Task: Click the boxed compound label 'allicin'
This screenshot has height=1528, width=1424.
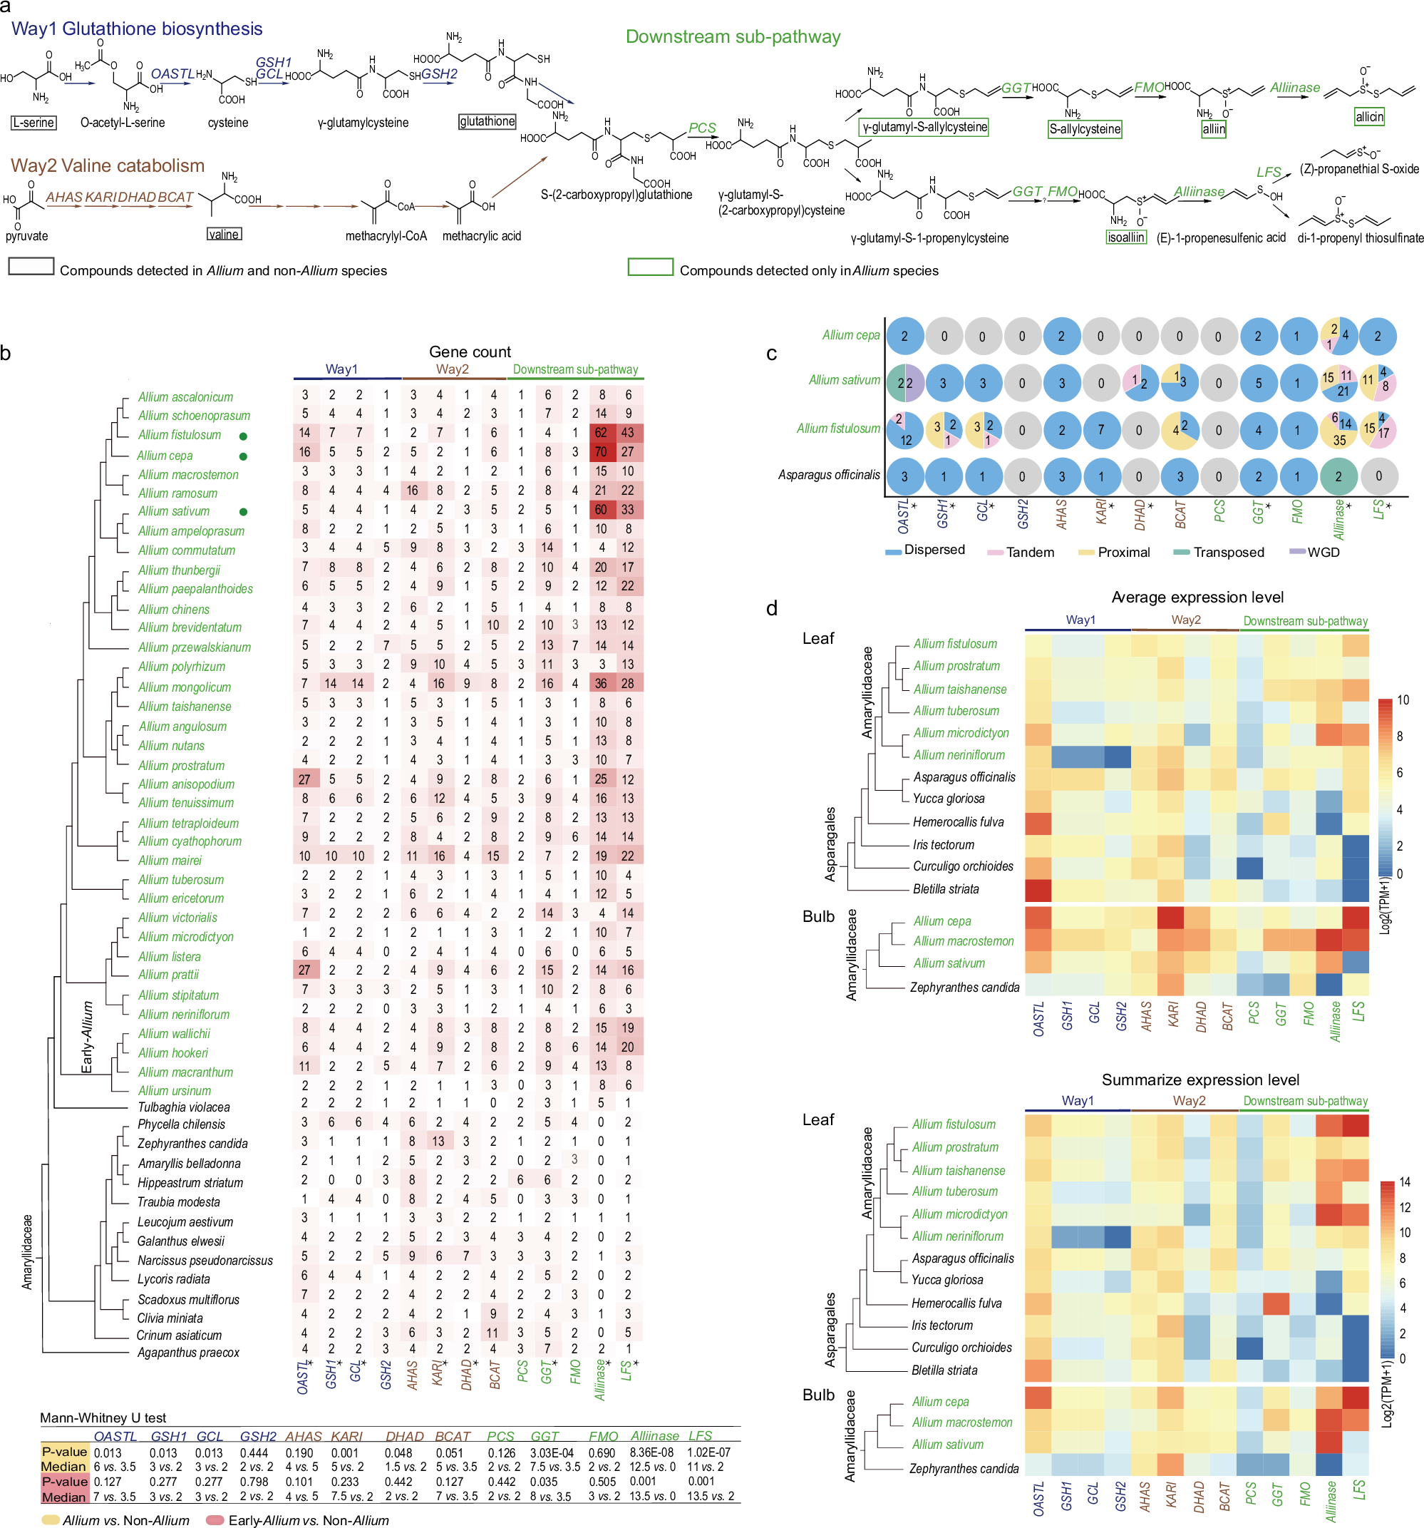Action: point(1368,117)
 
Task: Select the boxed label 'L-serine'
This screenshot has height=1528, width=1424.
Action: point(33,122)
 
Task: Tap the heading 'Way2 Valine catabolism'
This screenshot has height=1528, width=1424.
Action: point(108,165)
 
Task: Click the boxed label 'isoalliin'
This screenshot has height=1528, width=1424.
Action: point(1126,237)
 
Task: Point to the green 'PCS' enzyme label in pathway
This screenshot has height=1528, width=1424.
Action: point(701,128)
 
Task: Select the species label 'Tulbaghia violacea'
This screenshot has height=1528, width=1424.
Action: point(184,1107)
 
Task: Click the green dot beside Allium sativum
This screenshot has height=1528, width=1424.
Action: point(244,512)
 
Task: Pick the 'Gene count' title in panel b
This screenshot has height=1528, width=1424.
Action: point(470,352)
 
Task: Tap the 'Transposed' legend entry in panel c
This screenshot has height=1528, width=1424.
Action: point(1228,552)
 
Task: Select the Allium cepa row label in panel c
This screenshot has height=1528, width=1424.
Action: point(851,335)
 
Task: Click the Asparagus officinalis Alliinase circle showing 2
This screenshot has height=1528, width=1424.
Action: point(1338,476)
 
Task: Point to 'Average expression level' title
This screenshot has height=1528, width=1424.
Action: point(1197,598)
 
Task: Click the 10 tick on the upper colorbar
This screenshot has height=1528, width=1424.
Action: point(1403,700)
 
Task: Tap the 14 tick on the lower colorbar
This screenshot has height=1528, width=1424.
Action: point(1404,1182)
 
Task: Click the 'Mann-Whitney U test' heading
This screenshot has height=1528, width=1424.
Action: point(103,1417)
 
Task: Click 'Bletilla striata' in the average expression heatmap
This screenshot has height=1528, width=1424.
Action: point(945,889)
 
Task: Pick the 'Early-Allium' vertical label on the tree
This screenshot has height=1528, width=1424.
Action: point(88,1037)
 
